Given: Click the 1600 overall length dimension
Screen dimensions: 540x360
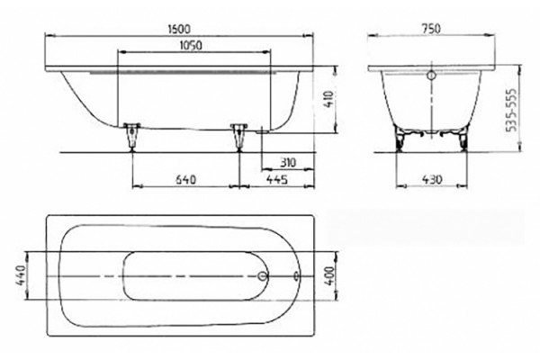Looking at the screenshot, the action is point(179,29).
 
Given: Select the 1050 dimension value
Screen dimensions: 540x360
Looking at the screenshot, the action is point(191,45).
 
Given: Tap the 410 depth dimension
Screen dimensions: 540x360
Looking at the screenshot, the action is point(329,99).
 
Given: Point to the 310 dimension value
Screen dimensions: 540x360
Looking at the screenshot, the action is point(288,162).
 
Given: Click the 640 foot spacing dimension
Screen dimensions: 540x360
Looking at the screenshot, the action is point(186,179).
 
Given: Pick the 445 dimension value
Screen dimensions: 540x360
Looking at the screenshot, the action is point(277,179).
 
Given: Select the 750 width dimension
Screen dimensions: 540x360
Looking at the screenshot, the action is point(431,29).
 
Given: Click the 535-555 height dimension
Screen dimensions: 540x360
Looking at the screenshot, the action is point(512,110).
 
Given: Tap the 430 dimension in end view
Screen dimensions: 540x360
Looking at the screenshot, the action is point(431,179).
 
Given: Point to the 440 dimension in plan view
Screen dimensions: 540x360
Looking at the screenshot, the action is point(21,276).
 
